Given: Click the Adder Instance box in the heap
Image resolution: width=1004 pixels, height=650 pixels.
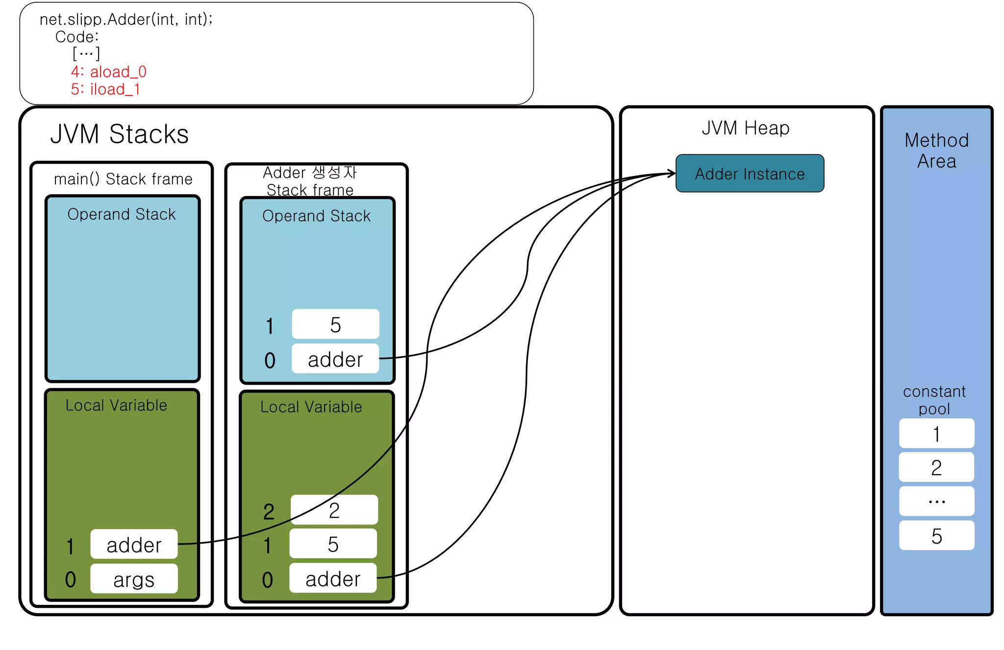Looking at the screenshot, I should [x=749, y=174].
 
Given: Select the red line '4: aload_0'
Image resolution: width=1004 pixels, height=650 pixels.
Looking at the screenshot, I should [x=108, y=72].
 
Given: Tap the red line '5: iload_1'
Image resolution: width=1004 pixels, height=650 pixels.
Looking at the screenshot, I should [x=105, y=89].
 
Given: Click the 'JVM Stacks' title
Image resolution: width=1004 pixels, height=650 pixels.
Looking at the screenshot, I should [x=119, y=134].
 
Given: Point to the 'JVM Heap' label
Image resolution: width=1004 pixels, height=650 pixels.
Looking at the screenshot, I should [x=745, y=128].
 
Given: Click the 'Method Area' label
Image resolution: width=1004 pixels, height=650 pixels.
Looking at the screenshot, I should [x=936, y=150].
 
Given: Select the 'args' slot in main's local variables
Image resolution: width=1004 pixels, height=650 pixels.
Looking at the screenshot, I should [x=134, y=579].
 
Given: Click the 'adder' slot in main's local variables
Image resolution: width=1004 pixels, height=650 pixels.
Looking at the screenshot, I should [x=134, y=544].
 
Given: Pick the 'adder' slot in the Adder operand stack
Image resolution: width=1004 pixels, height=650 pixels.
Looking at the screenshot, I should [x=335, y=359].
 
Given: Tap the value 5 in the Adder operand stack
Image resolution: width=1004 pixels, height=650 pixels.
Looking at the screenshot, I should [x=335, y=324].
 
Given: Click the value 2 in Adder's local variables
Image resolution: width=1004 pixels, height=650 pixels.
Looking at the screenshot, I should [x=334, y=510].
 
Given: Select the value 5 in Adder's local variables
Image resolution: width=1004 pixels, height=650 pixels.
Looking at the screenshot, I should [x=333, y=544].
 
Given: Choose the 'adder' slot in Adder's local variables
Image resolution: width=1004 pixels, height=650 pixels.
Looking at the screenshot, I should [x=333, y=578].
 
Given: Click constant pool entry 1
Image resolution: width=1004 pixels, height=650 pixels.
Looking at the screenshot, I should [x=936, y=433].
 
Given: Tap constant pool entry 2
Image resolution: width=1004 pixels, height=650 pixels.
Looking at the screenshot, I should [x=936, y=467].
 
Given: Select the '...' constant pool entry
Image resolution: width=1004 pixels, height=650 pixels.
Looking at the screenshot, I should [x=936, y=501].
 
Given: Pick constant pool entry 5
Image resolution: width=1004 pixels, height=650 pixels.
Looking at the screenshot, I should [x=936, y=535].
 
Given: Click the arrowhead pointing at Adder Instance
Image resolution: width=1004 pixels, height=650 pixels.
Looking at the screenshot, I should [x=672, y=173].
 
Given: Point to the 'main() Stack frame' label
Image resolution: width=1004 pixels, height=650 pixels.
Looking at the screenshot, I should [x=123, y=179].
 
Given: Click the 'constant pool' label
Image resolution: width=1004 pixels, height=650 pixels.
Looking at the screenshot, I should [x=934, y=400].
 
